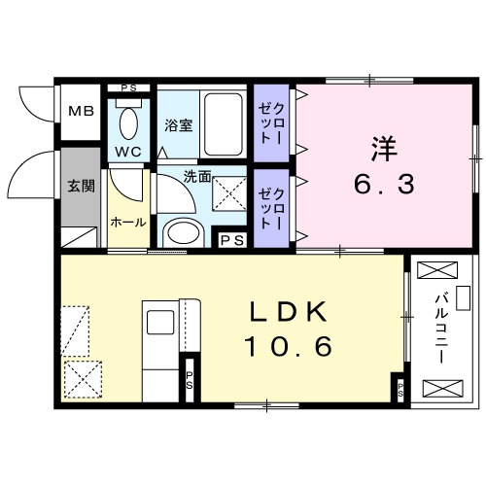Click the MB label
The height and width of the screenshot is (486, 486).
coord(81,110)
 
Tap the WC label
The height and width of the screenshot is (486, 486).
coord(129,154)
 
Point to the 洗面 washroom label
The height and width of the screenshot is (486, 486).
coord(198,178)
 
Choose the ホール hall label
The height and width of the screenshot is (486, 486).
coord(127,222)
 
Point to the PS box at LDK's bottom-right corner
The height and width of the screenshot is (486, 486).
coord(401,392)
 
